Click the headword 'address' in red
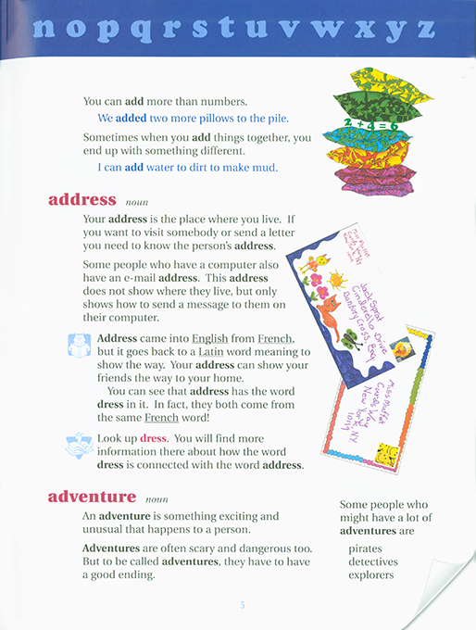pyautogui.click(x=81, y=199)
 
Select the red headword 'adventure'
pyautogui.click(x=92, y=498)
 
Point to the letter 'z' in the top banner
pyautogui.click(x=425, y=28)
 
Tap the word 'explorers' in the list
pyautogui.click(x=371, y=574)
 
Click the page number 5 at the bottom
pyautogui.click(x=242, y=605)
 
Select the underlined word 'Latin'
pyautogui.click(x=209, y=352)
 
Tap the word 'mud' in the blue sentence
pyautogui.click(x=264, y=168)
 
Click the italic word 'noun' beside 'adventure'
pyautogui.click(x=157, y=498)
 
